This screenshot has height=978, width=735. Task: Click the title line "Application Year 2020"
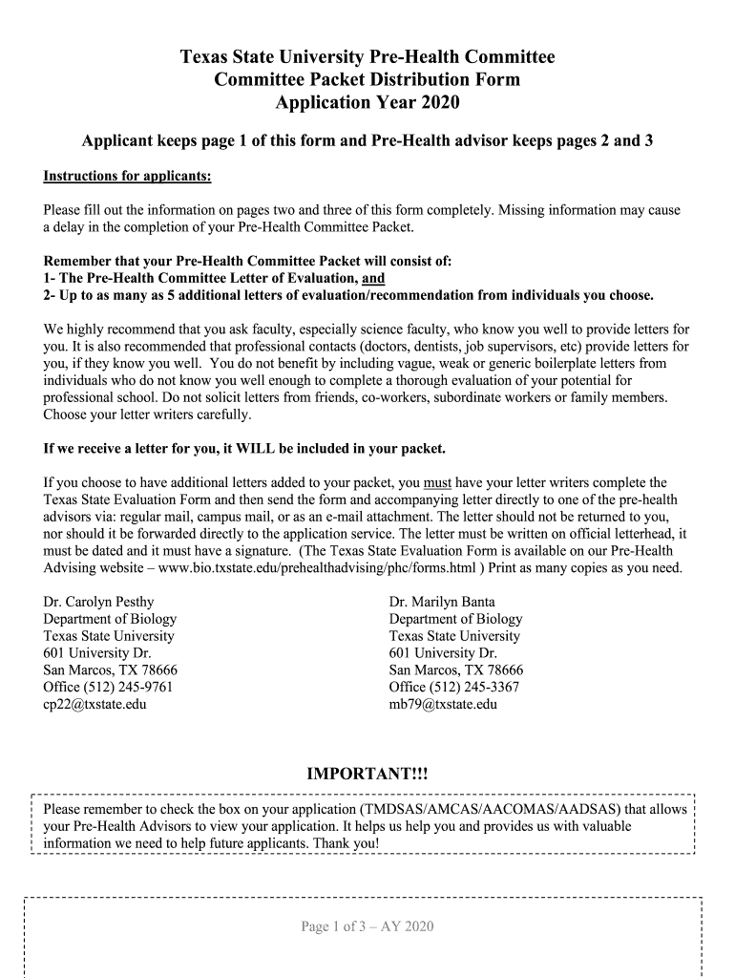[367, 103]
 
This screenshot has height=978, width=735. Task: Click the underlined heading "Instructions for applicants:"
[127, 177]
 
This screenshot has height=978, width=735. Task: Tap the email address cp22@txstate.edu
[95, 705]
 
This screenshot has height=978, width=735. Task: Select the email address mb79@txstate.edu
[443, 705]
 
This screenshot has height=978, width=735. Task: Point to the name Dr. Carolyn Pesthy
[98, 602]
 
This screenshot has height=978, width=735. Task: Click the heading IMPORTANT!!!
[367, 773]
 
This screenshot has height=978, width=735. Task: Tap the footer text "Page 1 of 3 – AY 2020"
[367, 926]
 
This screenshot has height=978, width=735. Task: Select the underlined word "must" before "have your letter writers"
[437, 482]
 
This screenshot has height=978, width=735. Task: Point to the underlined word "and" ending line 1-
[374, 278]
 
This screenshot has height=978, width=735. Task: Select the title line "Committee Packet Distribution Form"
[367, 79]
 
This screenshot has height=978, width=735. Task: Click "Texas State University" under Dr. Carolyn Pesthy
[109, 636]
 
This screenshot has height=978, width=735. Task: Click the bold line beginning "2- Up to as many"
[349, 295]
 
